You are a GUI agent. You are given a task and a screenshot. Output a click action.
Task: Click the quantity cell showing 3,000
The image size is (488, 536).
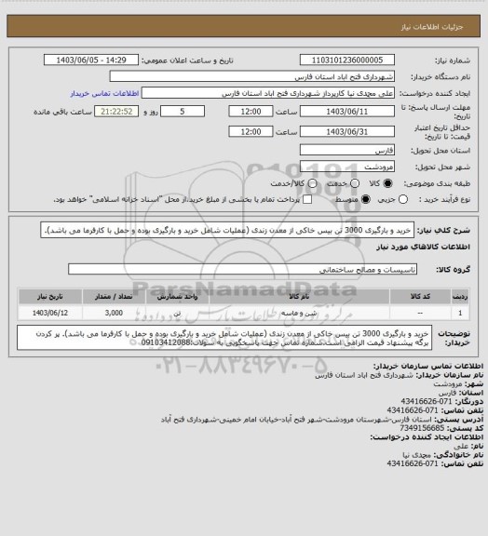pyautogui.click(x=114, y=313)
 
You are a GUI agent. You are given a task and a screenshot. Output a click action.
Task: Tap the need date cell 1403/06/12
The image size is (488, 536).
pyautogui.click(x=49, y=313)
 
